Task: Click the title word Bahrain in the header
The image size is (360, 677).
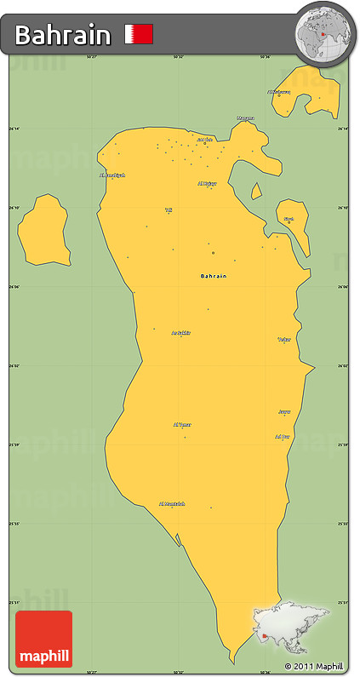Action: coord(63,35)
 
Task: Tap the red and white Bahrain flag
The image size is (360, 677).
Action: coord(139,34)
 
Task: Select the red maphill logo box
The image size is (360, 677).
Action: coord(43,638)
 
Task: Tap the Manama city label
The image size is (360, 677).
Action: coord(245,118)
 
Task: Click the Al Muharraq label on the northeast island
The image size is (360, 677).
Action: coord(278,92)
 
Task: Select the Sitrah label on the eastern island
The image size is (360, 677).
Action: coord(289,219)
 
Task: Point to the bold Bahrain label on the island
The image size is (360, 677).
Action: coord(214,276)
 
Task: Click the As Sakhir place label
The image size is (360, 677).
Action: coord(180,333)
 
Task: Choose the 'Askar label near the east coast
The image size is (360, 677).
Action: coord(284,339)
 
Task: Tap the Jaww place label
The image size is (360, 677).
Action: coord(285,411)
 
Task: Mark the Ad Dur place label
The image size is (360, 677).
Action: coord(283,436)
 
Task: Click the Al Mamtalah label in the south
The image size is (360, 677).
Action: coord(172,503)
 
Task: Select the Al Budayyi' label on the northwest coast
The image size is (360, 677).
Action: coord(112,175)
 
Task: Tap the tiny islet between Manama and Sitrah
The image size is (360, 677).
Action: coord(256,190)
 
